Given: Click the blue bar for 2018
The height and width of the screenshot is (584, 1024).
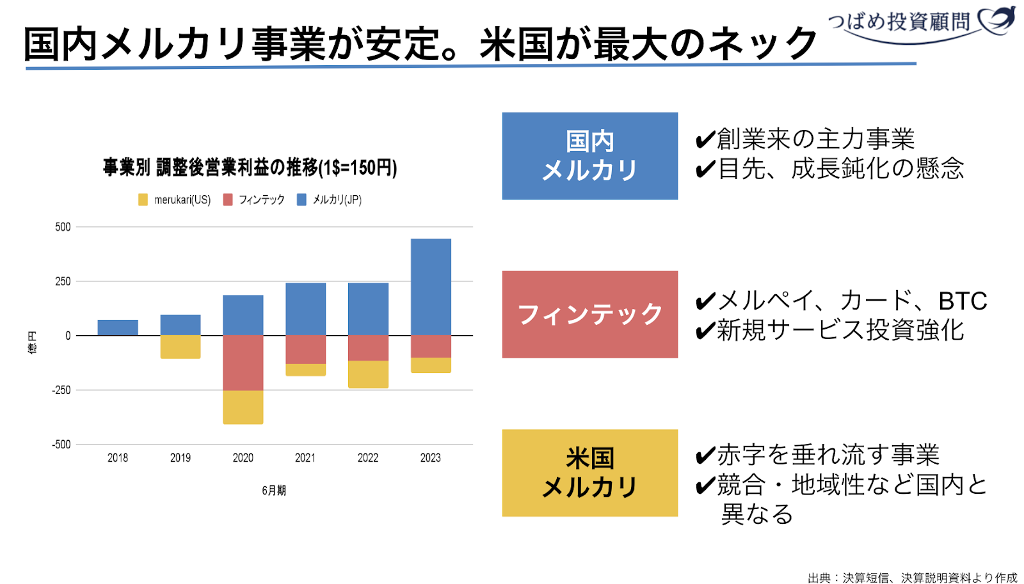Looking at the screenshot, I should pyautogui.click(x=118, y=328).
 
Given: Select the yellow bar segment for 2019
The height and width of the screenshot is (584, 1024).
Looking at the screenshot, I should pyautogui.click(x=180, y=347).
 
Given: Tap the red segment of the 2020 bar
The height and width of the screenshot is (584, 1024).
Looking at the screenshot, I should pyautogui.click(x=243, y=363).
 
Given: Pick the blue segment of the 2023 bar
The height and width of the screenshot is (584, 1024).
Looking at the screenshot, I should pyautogui.click(x=431, y=287).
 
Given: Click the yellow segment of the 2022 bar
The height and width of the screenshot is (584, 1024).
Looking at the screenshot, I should pyautogui.click(x=368, y=374).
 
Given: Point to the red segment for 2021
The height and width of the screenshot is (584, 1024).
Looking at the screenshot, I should pyautogui.click(x=305, y=349).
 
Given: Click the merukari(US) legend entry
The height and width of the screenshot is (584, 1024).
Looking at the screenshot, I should pyautogui.click(x=175, y=200).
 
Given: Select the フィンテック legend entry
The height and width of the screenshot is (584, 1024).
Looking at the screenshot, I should pyautogui.click(x=254, y=200).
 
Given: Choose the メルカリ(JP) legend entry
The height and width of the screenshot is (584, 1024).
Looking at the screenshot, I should pyautogui.click(x=330, y=200).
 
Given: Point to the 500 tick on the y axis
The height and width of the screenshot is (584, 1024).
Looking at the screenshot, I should pyautogui.click(x=63, y=227).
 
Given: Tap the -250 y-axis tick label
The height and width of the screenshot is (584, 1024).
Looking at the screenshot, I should pyautogui.click(x=61, y=390).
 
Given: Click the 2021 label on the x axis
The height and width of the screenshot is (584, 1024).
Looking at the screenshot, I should pyautogui.click(x=305, y=458).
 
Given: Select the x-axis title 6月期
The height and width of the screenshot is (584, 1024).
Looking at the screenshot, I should pyautogui.click(x=274, y=491).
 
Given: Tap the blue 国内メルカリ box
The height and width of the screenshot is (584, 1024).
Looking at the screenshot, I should pyautogui.click(x=589, y=156).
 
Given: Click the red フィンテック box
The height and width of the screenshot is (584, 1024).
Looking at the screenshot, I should pyautogui.click(x=589, y=314).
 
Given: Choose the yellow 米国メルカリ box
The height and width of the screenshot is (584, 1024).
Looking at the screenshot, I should pyautogui.click(x=589, y=473).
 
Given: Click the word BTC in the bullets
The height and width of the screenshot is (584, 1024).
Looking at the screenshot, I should pyautogui.click(x=963, y=301).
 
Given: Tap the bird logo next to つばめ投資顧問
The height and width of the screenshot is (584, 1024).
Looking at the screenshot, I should pyautogui.click(x=997, y=20).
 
